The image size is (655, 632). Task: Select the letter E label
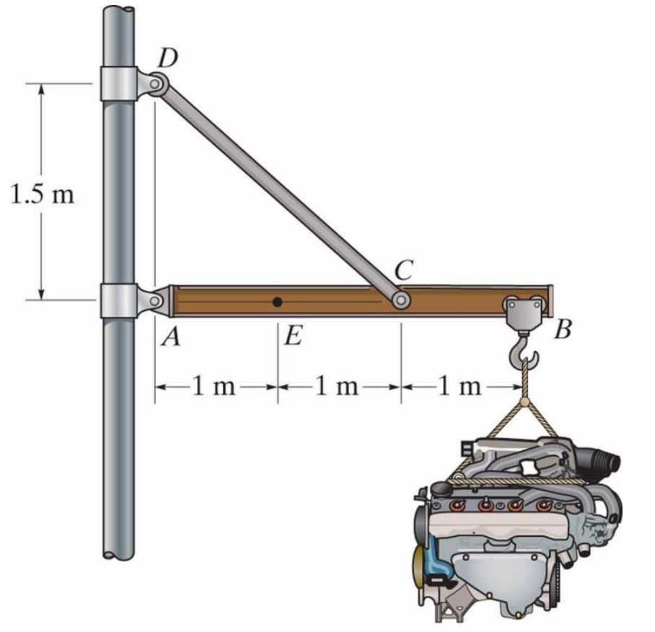pyautogui.click(x=292, y=337)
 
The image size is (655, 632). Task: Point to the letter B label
pyautogui.click(x=563, y=331)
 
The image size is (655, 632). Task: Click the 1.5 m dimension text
pyautogui.click(x=42, y=195)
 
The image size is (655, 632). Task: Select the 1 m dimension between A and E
pyautogui.click(x=214, y=387)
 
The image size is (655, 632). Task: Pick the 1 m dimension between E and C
pyautogui.click(x=338, y=387)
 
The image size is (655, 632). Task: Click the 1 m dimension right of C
pyautogui.click(x=460, y=387)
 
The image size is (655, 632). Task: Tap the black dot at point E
pyautogui.click(x=277, y=302)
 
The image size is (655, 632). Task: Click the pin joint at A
pyautogui.click(x=154, y=301)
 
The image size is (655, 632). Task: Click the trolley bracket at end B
pyautogui.click(x=524, y=311)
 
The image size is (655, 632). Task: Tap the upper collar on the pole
pyautogui.click(x=119, y=84)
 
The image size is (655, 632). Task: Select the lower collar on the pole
pyautogui.click(x=119, y=301)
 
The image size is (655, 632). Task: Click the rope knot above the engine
pyautogui.click(x=524, y=401)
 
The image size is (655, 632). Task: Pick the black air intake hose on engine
pyautogui.click(x=602, y=459)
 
